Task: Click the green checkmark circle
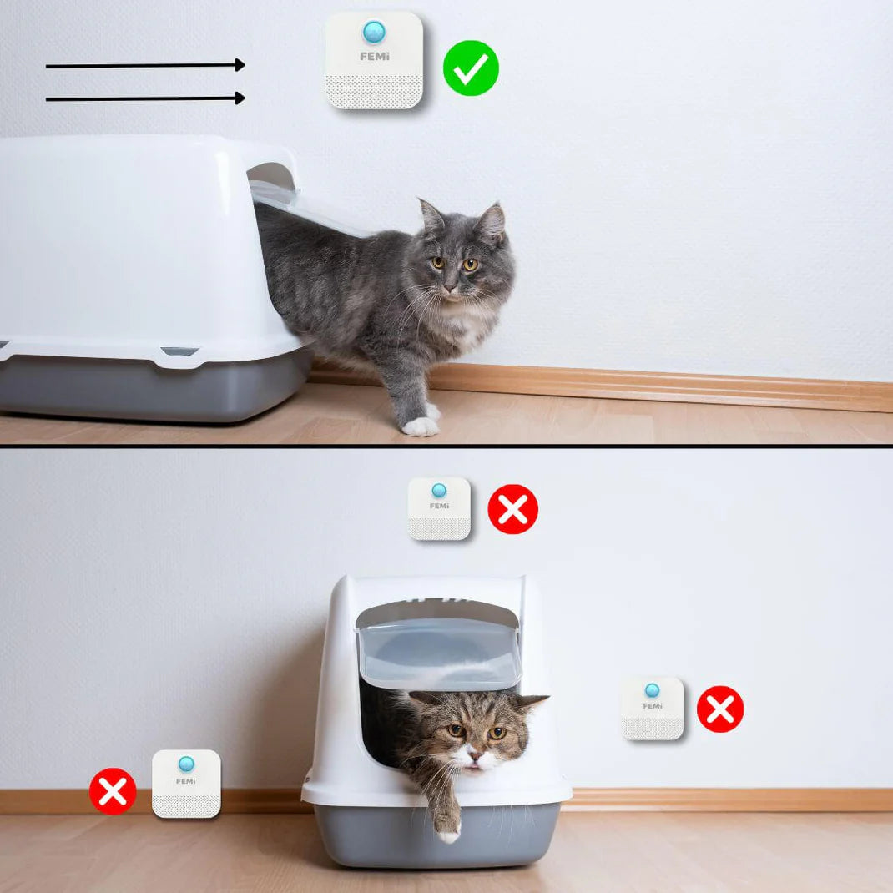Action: tap(471, 68)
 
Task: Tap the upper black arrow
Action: tap(145, 65)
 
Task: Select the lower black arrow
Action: tap(145, 98)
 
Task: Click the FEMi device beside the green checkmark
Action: tap(374, 60)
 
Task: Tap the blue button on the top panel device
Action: tap(374, 32)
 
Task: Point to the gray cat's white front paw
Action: tap(421, 426)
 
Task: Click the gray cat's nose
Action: tap(451, 288)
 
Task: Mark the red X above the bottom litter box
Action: tap(513, 509)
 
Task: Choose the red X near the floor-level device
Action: tap(113, 791)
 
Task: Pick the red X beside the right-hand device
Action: tap(720, 709)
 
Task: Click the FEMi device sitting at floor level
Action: tap(186, 785)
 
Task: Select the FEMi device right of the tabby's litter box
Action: tap(652, 709)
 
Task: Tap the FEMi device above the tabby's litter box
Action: tap(439, 508)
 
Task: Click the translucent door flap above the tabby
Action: tap(438, 652)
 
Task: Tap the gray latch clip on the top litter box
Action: tap(179, 351)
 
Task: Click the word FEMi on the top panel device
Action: tap(375, 57)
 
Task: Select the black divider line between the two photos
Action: tap(446, 446)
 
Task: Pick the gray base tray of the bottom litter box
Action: tap(437, 835)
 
